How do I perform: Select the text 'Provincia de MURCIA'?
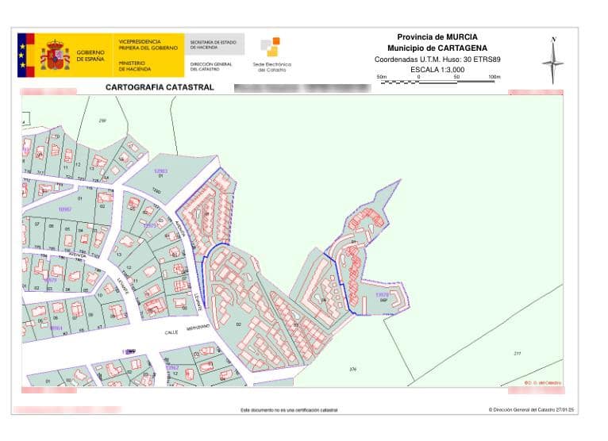click(x=437, y=36)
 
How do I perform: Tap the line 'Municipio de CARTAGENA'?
click(x=437, y=48)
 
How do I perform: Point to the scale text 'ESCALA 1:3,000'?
click(x=437, y=70)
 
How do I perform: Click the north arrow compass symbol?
click(x=553, y=60)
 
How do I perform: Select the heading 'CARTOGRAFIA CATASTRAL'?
click(x=160, y=87)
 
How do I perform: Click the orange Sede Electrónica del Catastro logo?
click(x=271, y=48)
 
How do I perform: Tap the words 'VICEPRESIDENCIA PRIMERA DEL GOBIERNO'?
click(x=148, y=44)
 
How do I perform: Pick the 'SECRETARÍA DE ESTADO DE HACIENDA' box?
click(x=214, y=44)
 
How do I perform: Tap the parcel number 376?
click(x=352, y=369)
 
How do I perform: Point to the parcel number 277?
click(x=518, y=353)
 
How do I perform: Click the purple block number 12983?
click(x=160, y=171)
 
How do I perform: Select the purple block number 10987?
click(x=65, y=208)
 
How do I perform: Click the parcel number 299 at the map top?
click(x=102, y=120)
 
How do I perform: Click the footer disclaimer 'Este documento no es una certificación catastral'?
click(x=288, y=410)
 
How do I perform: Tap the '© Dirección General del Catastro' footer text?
click(x=531, y=410)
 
